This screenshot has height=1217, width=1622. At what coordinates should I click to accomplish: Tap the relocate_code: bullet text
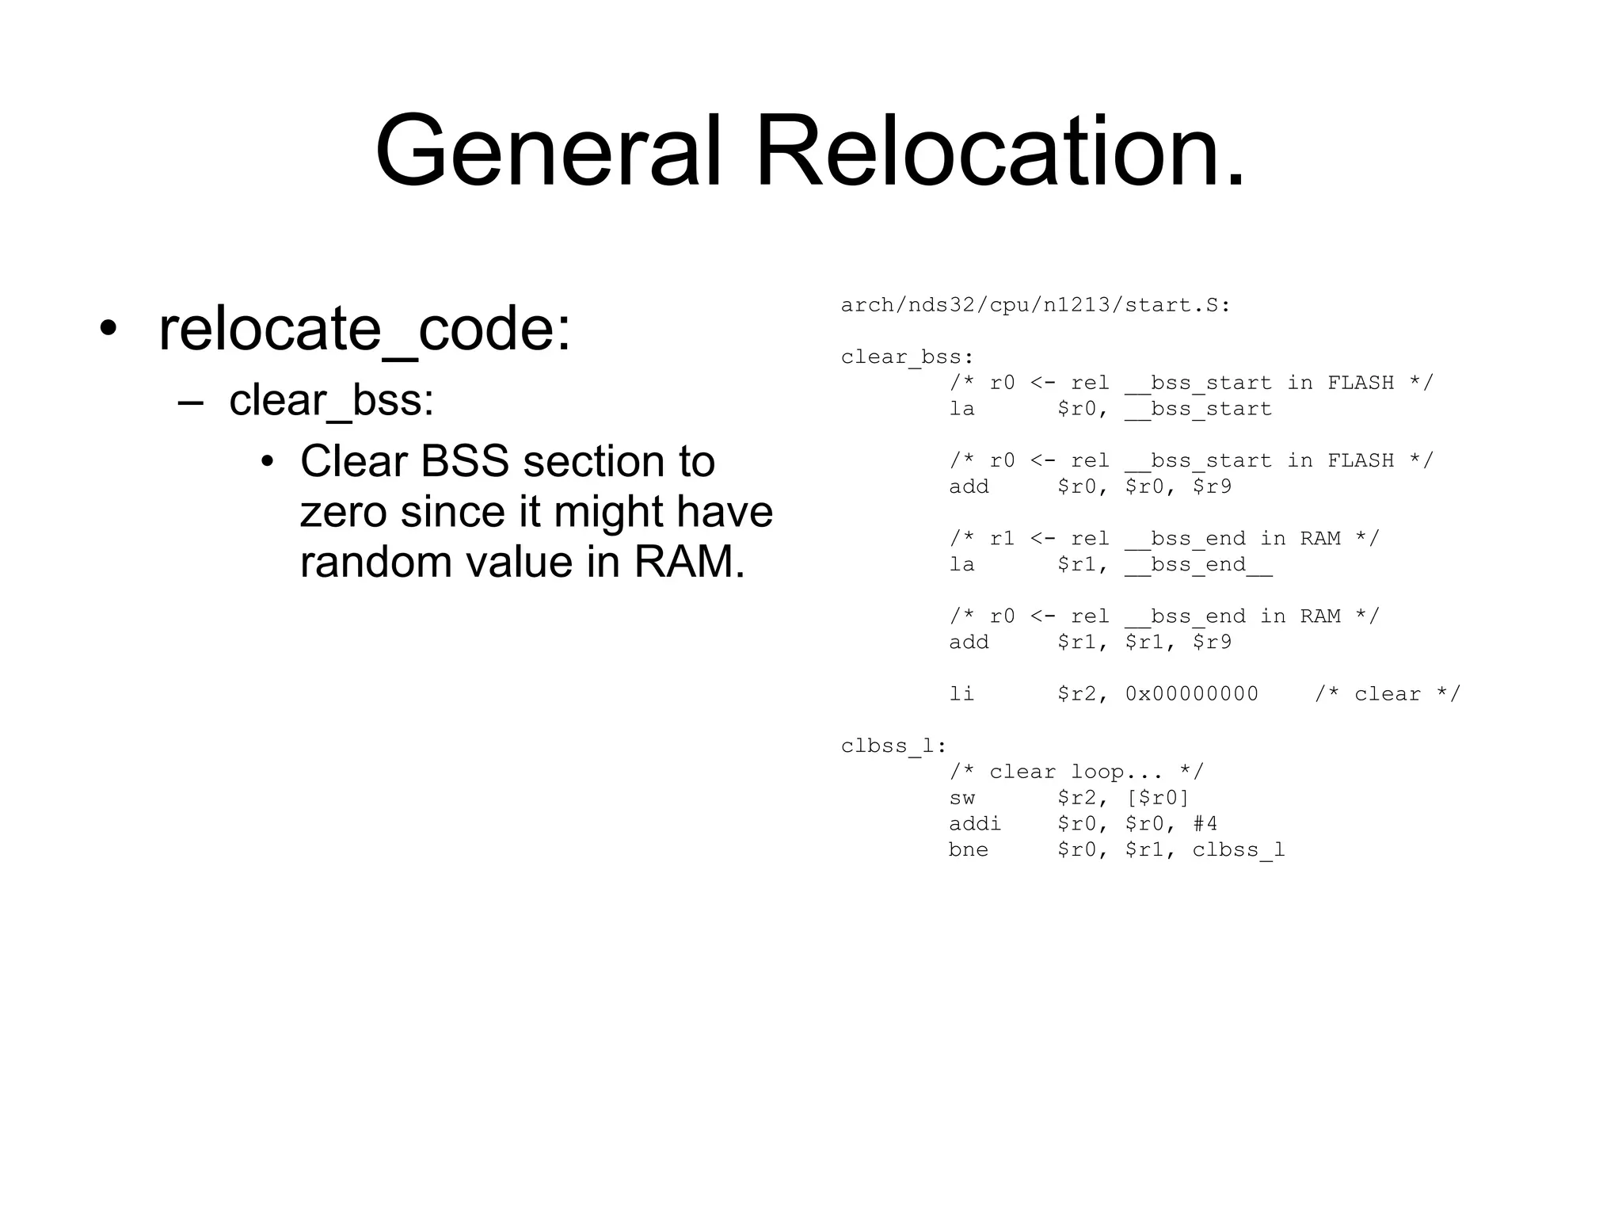click(x=364, y=329)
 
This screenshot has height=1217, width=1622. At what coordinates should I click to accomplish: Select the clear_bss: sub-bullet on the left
click(x=331, y=400)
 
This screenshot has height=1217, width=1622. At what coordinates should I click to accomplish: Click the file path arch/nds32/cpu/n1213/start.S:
click(x=1035, y=305)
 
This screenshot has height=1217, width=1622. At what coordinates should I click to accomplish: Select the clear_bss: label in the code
click(x=908, y=357)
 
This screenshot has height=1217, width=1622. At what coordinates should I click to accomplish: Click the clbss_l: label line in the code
click(x=894, y=746)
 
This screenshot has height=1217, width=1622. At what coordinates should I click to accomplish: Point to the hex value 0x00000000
click(x=1191, y=694)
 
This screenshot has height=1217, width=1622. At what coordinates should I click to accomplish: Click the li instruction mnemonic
click(x=961, y=694)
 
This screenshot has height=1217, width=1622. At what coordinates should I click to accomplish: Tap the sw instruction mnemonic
click(x=961, y=798)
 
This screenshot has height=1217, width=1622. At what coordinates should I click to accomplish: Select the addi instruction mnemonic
click(x=975, y=824)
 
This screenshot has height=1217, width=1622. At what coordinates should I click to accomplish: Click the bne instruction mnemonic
click(x=969, y=850)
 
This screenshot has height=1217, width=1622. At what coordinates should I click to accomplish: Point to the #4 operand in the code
click(x=1205, y=824)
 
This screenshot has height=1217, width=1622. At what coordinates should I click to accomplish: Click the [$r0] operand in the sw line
click(x=1157, y=798)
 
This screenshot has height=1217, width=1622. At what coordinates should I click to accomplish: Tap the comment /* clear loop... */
click(x=1076, y=772)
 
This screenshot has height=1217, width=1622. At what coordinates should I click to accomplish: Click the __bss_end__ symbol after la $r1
click(x=1197, y=565)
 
